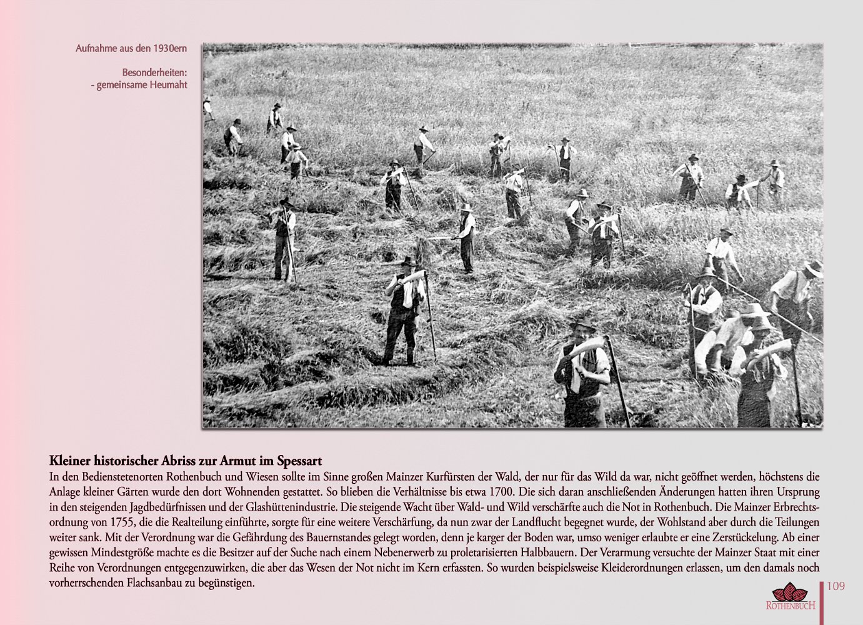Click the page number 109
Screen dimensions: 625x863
836,586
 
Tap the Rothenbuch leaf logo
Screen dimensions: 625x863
790,592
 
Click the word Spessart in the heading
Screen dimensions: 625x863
299,461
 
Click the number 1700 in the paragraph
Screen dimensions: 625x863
491,491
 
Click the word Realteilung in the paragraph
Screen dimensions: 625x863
239,522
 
